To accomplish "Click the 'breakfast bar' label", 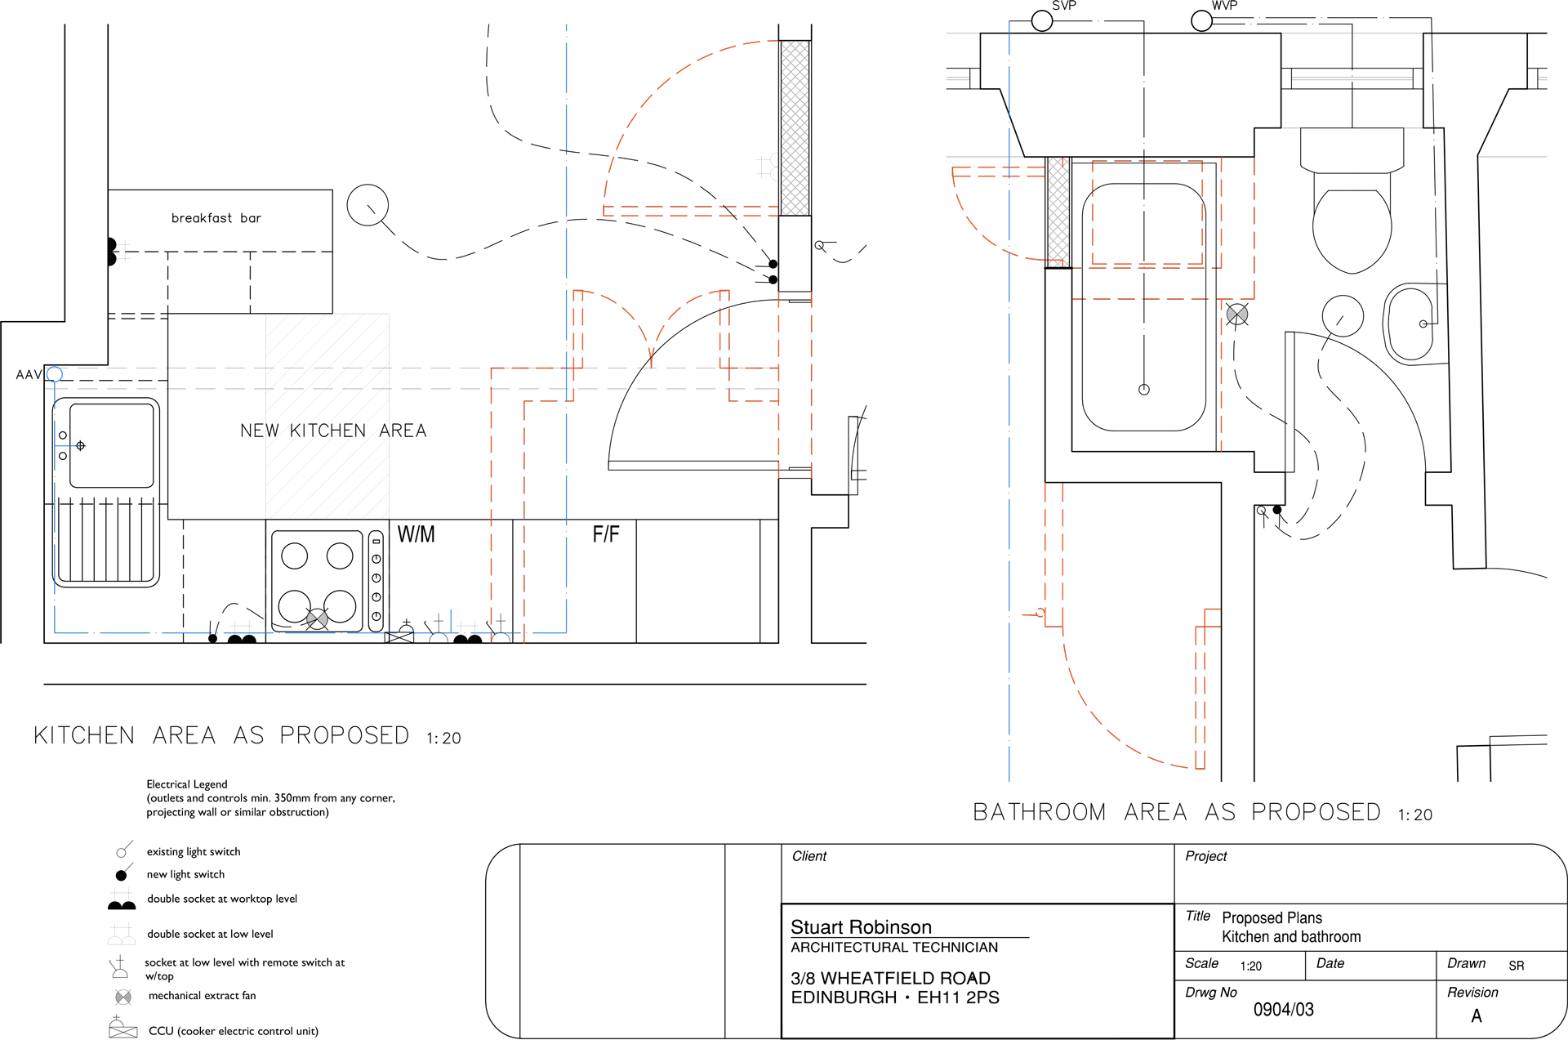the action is pyautogui.click(x=216, y=218).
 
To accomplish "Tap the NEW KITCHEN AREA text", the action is pyautogui.click(x=333, y=431).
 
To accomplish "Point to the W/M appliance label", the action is pyautogui.click(x=416, y=534).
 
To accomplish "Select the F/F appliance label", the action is pyautogui.click(x=606, y=534).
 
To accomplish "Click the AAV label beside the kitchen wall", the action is pyautogui.click(x=29, y=374).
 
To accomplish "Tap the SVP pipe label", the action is pyautogui.click(x=1064, y=6).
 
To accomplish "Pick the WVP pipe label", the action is pyautogui.click(x=1224, y=6).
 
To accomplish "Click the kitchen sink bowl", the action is pyautogui.click(x=112, y=445).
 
